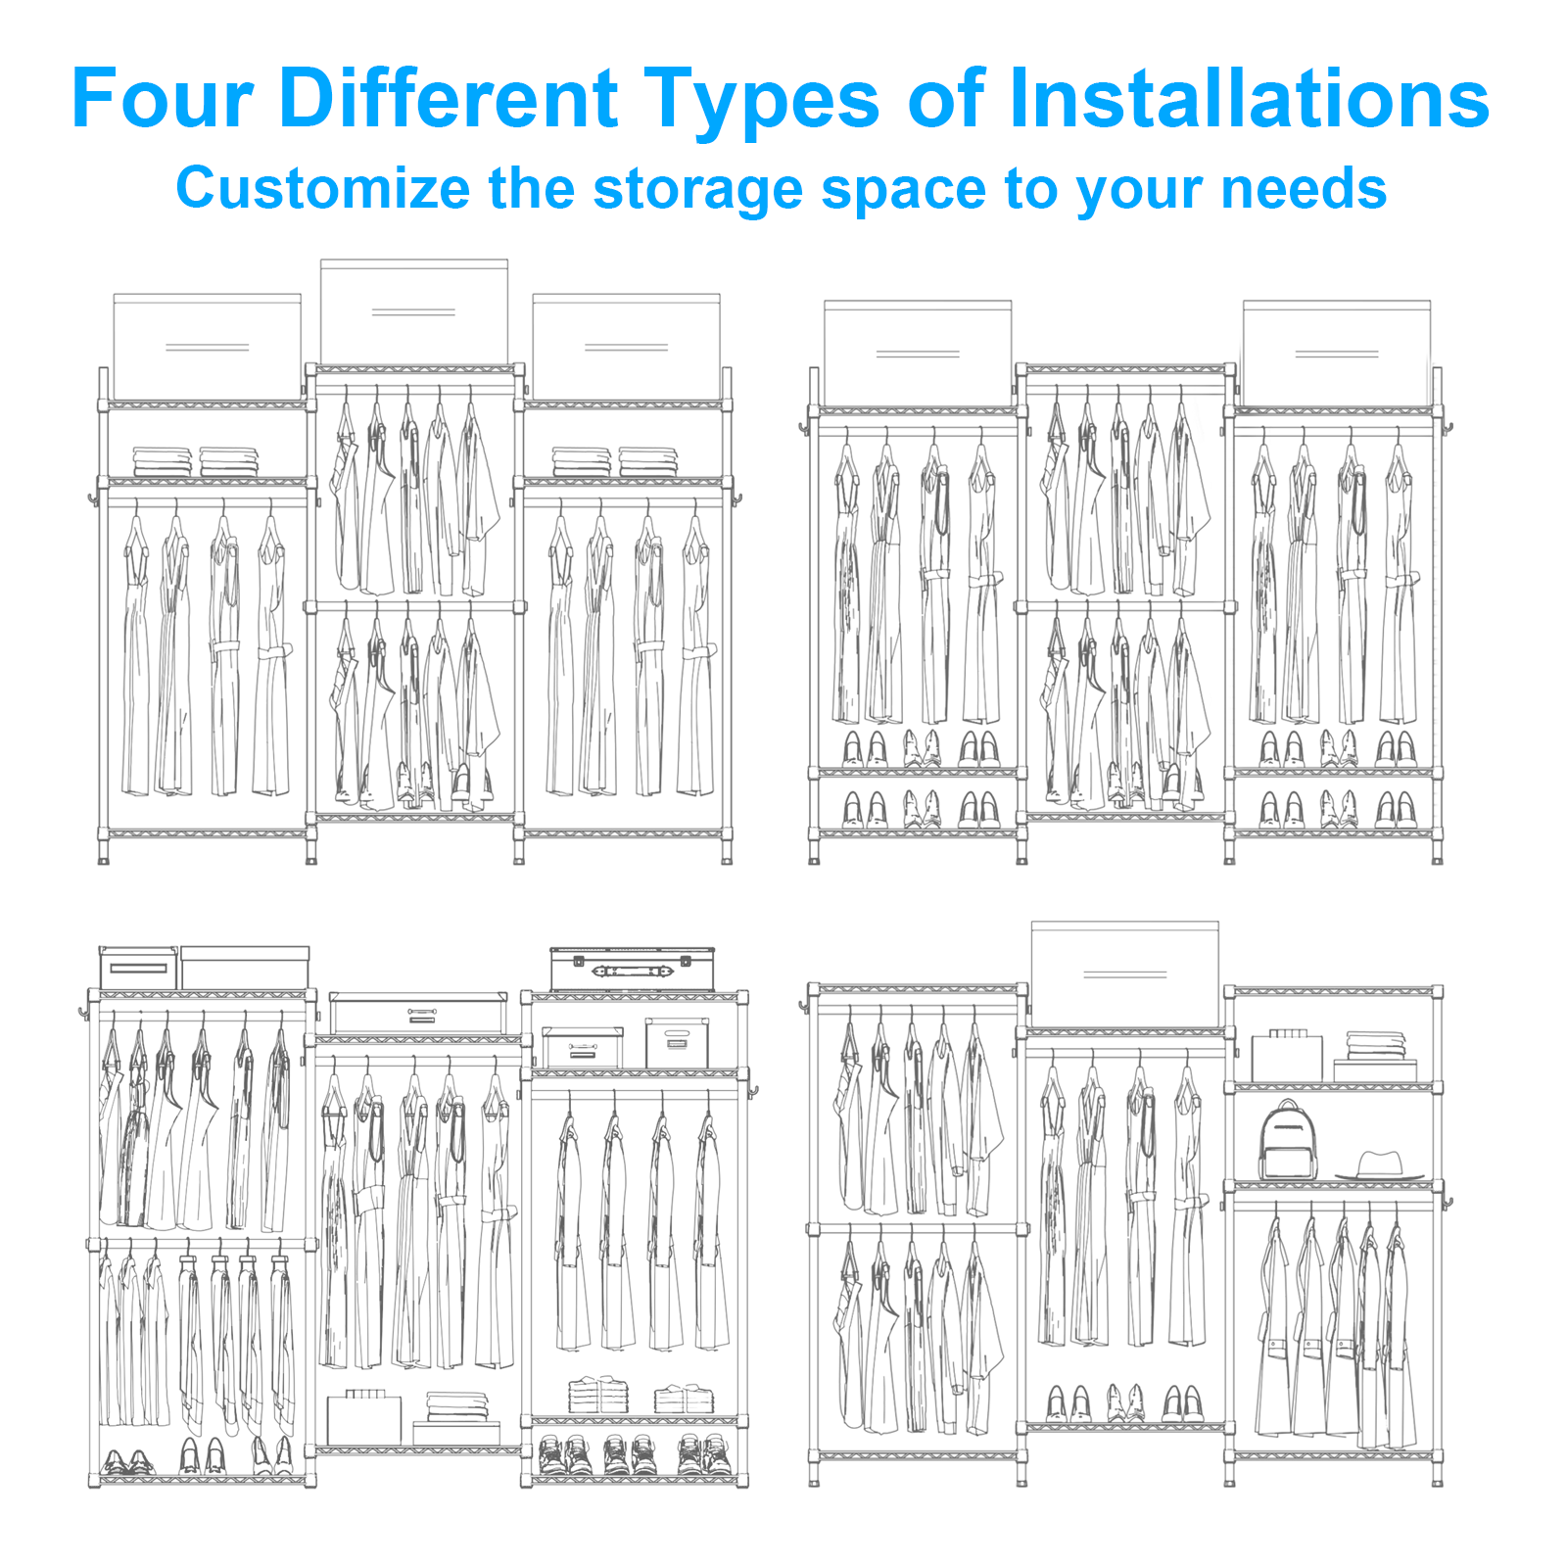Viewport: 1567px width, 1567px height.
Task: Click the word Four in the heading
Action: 163,99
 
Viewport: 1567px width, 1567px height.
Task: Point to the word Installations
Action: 1249,99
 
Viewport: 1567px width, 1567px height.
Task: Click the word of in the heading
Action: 945,99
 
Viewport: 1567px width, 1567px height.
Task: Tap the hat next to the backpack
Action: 1380,1165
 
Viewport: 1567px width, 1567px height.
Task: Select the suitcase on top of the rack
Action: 632,969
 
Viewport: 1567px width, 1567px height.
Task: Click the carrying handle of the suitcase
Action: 632,972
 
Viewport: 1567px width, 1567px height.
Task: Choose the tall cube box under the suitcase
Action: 677,1044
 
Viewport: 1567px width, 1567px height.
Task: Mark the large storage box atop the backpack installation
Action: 1125,974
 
